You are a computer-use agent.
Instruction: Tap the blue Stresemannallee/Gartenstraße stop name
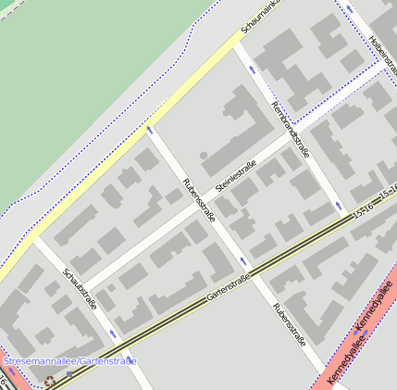[x=70, y=360]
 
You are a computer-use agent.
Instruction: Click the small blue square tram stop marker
[x=69, y=373]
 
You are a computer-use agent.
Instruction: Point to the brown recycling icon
[x=49, y=380]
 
